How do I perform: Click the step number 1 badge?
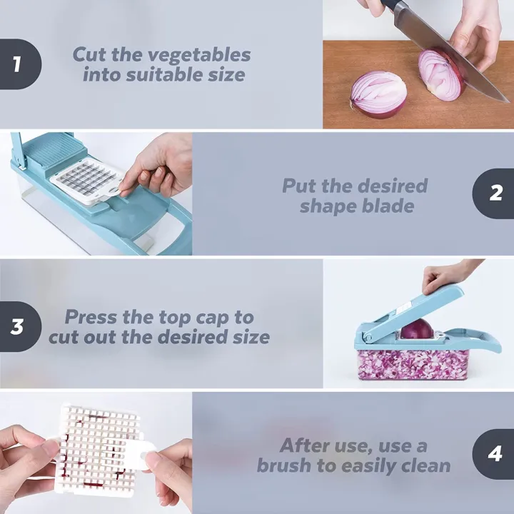coord(17,64)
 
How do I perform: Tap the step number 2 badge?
coord(495,193)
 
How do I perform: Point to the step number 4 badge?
coord(495,454)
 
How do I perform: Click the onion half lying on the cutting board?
coord(378,95)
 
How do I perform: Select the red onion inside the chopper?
coord(418,329)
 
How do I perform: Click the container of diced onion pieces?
coord(413,363)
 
